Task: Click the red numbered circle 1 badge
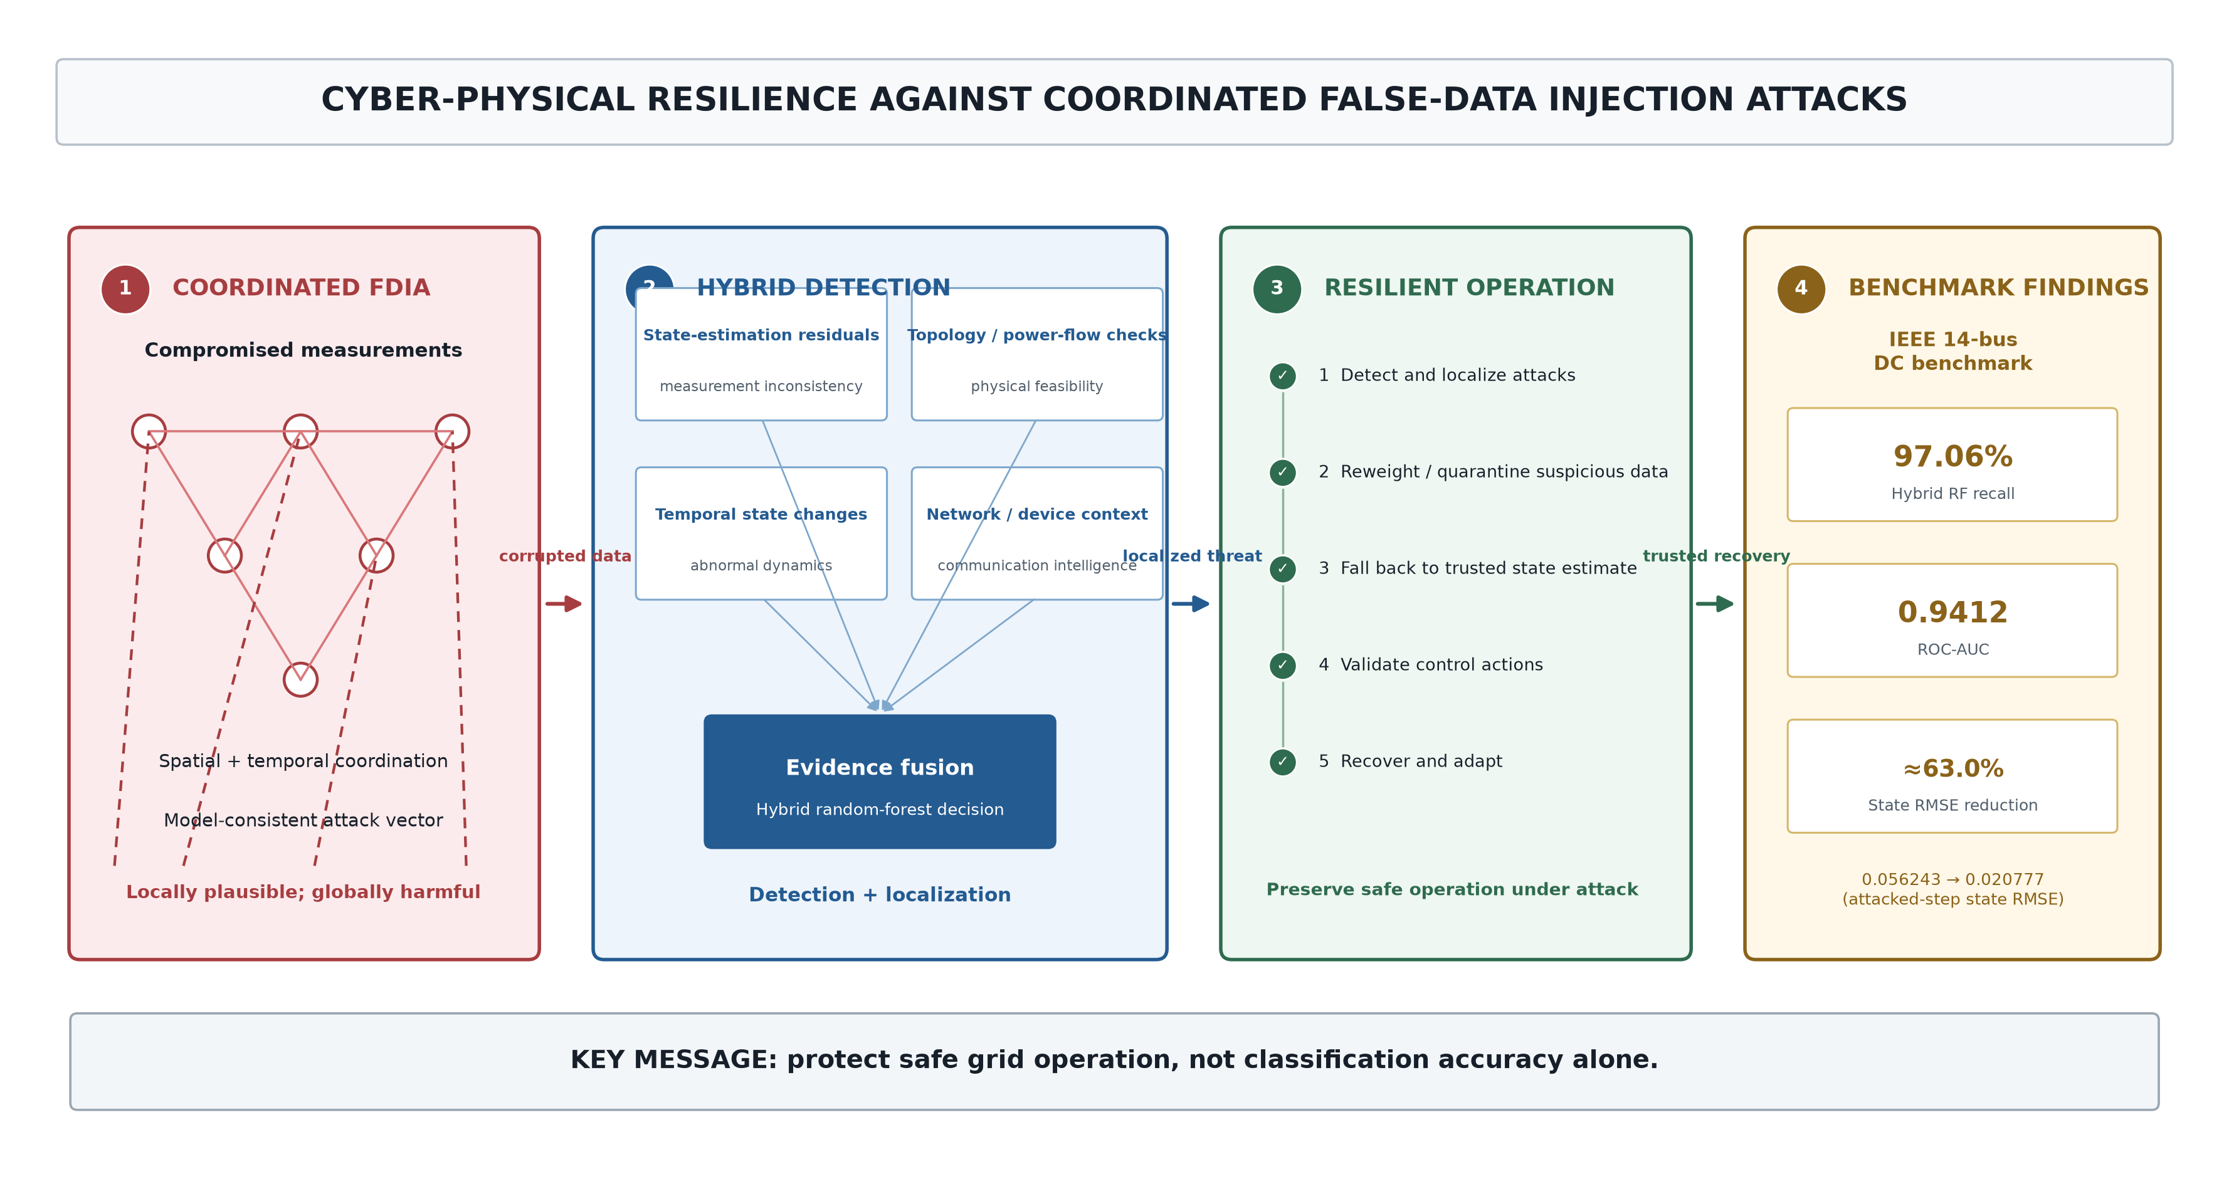(x=125, y=289)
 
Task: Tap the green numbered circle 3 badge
(x=1277, y=289)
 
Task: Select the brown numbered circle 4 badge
(x=1801, y=289)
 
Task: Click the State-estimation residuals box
(x=761, y=355)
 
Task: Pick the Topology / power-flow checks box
(x=1036, y=355)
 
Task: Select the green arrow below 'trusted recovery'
(x=1715, y=604)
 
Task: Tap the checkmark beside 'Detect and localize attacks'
(x=1282, y=375)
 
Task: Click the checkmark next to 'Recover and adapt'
(x=1282, y=762)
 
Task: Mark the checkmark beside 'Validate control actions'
(x=1282, y=666)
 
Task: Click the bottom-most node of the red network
(x=300, y=679)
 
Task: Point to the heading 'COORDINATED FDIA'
(x=301, y=288)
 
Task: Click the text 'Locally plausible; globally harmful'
(x=303, y=892)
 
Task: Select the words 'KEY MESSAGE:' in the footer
(x=674, y=1060)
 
